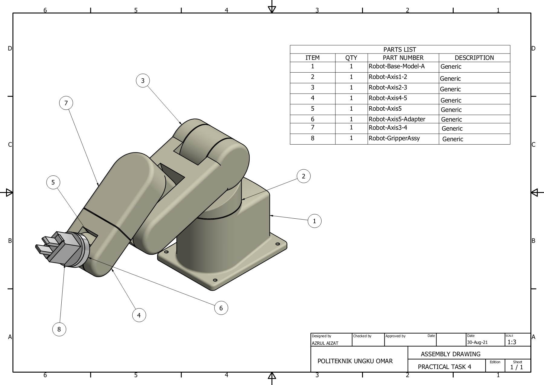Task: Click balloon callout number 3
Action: [143, 81]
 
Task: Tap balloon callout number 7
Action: [66, 103]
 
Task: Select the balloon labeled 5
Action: [53, 182]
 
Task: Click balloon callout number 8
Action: [59, 329]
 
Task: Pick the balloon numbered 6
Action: [221, 308]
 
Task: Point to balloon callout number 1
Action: [314, 221]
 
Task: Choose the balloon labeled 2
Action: [303, 176]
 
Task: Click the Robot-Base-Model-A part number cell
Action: [397, 67]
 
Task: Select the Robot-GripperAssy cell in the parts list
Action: [394, 139]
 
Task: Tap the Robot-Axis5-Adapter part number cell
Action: [397, 119]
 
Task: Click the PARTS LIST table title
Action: [400, 50]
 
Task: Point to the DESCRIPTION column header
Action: [474, 58]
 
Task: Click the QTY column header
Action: [351, 58]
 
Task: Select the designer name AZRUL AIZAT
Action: [325, 343]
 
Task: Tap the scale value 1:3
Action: [512, 342]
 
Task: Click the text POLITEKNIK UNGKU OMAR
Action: [355, 361]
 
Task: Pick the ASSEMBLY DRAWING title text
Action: [450, 354]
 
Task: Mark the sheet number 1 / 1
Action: [516, 367]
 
